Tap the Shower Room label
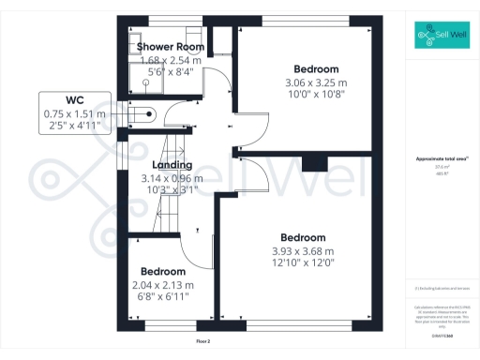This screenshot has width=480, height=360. [170, 46]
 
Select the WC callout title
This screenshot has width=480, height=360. [75, 99]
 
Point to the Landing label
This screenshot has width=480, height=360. [172, 166]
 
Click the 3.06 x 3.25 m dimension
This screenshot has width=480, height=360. [315, 82]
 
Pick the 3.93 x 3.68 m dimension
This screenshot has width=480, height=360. [302, 251]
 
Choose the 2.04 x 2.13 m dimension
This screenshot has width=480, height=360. [163, 285]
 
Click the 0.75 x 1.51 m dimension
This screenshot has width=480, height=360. [75, 112]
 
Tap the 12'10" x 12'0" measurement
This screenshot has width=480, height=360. [302, 263]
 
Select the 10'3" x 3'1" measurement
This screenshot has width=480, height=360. [172, 189]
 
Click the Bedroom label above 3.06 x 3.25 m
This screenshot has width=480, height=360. [316, 69]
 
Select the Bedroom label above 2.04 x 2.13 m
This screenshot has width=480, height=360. [163, 272]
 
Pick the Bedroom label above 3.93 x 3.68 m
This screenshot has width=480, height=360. [302, 238]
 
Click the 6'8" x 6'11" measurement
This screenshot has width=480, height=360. [163, 296]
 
